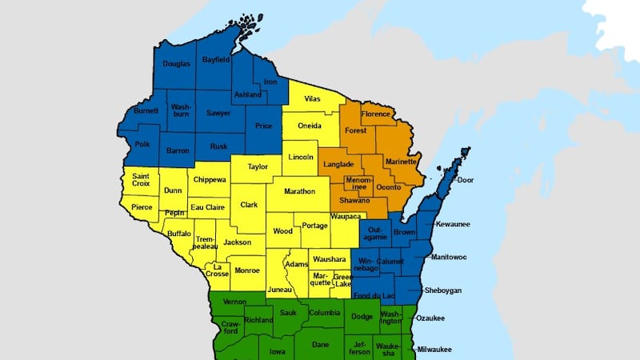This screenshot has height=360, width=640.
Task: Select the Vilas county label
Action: click(313, 99)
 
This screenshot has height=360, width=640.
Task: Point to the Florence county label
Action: click(376, 114)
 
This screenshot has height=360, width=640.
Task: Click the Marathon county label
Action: click(297, 191)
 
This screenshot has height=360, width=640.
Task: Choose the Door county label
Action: click(466, 180)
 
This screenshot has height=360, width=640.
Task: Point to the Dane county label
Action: click(320, 345)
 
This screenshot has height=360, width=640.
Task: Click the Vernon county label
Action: click(234, 302)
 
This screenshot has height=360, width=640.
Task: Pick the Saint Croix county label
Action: click(142, 181)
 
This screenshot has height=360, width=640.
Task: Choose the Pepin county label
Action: click(175, 214)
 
